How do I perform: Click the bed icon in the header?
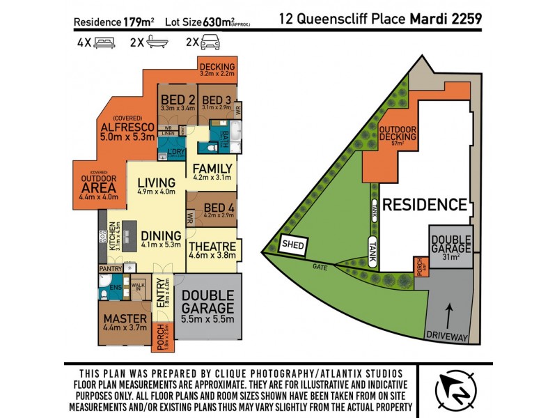tap(103, 42)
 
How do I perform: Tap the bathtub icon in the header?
tap(158, 42)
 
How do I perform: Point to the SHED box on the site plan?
tap(292, 245)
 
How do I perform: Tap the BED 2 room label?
tap(177, 100)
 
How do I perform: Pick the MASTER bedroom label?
tap(125, 319)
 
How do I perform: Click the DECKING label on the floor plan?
tap(217, 67)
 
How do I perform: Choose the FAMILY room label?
tap(212, 169)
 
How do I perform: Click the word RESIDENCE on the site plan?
tap(425, 205)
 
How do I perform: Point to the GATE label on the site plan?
tap(320, 267)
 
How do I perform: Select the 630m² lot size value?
tap(217, 22)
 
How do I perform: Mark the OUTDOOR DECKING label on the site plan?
tap(398, 132)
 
